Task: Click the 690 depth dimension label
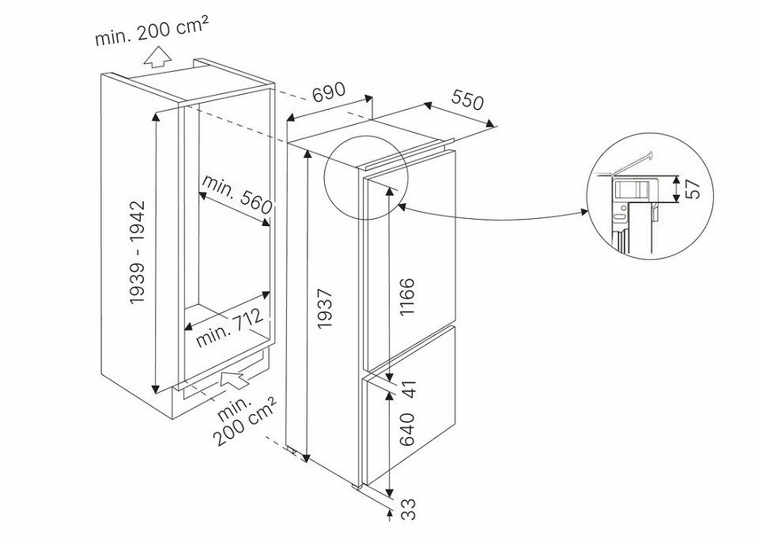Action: click(x=329, y=94)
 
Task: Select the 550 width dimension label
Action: click(x=467, y=100)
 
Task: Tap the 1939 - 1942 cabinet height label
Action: click(x=138, y=253)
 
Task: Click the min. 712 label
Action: click(x=230, y=329)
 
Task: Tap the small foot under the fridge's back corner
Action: click(x=296, y=452)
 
